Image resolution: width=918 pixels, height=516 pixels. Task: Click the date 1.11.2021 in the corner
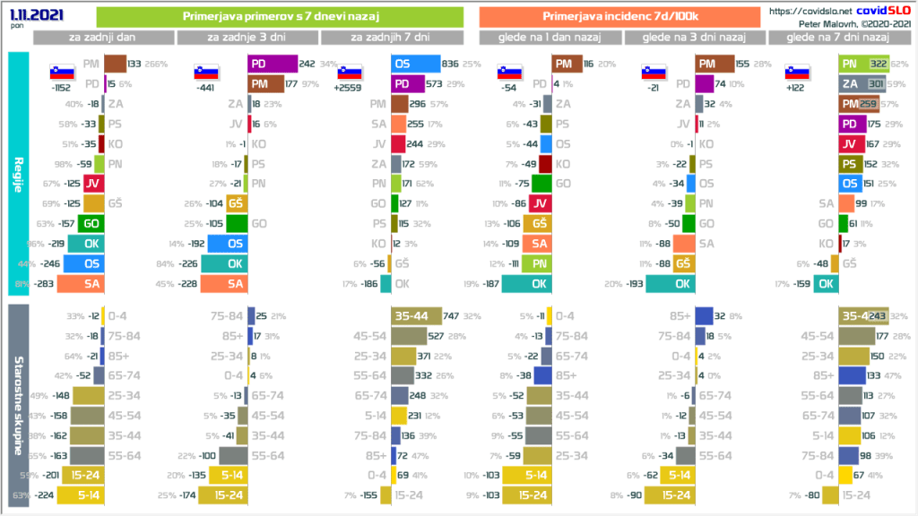click(31, 15)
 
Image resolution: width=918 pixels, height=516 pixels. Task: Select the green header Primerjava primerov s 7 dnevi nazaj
click(279, 16)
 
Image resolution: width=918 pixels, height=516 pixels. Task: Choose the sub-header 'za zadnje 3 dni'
click(247, 37)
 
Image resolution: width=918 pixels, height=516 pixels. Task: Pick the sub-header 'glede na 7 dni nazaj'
click(836, 37)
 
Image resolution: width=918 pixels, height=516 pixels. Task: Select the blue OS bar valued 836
click(416, 64)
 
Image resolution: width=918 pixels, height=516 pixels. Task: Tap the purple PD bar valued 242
click(273, 64)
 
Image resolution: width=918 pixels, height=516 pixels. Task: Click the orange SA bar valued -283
click(89, 284)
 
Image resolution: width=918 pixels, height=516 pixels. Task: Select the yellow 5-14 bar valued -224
click(76, 493)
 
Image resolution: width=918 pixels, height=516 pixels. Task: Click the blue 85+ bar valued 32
click(704, 315)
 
